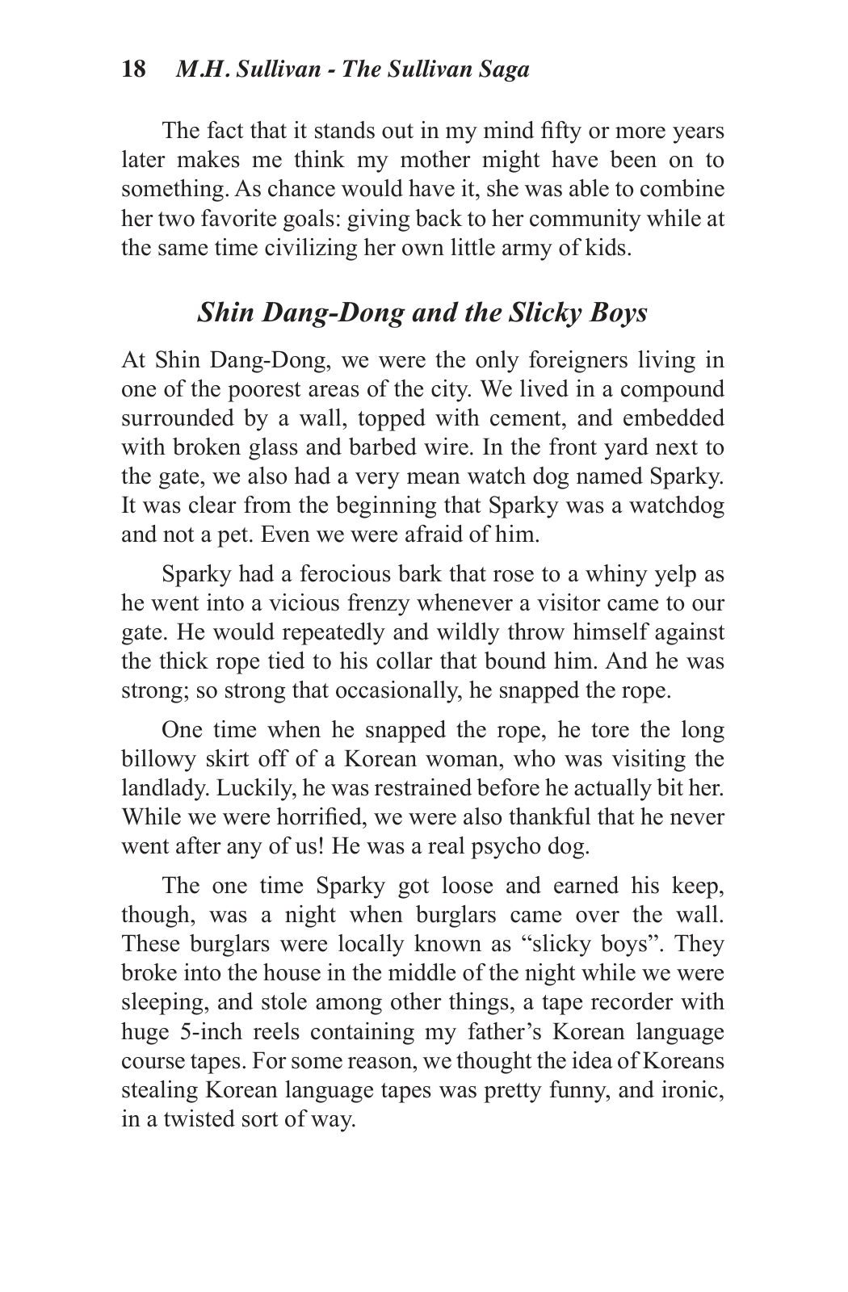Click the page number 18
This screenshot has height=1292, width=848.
[x=134, y=69]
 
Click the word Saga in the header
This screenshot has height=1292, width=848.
[x=502, y=69]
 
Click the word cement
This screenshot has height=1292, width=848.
[x=505, y=418]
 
